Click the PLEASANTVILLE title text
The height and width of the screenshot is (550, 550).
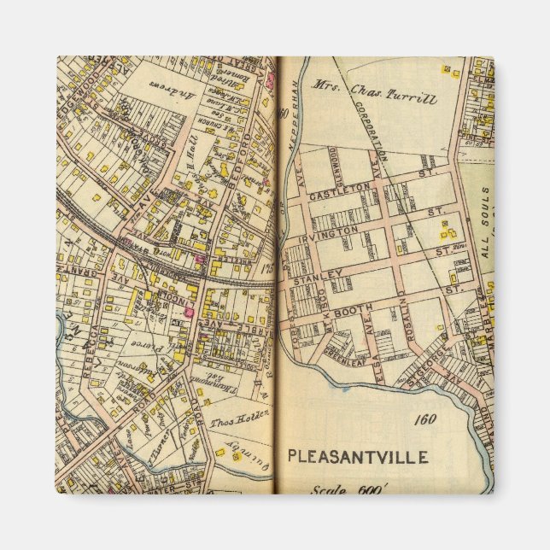pos(357,455)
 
